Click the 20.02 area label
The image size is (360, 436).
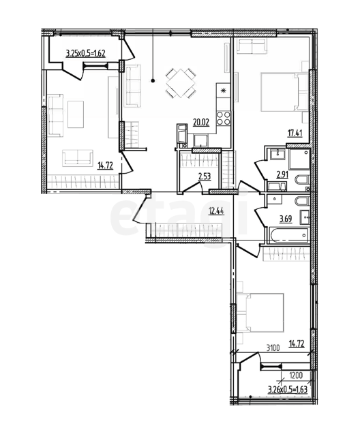point(201,122)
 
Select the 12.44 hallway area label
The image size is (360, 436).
point(216,211)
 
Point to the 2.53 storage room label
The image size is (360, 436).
point(204,176)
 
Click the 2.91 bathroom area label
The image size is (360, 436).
point(282,174)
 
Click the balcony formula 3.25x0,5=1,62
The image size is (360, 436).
point(85,53)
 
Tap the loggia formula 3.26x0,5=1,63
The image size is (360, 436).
point(288,389)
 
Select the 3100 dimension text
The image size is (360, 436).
point(273,347)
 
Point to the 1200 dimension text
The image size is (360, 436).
point(296,376)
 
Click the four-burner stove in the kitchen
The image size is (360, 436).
point(224,118)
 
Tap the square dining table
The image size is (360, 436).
point(181,83)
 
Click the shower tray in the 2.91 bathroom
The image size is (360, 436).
point(299,159)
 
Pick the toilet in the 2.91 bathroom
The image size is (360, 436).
point(301,180)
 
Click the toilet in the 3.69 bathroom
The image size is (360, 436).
point(301,201)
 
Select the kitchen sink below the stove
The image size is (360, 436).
point(201,140)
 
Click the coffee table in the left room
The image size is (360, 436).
point(76,114)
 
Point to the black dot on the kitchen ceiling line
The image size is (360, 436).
point(153,81)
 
